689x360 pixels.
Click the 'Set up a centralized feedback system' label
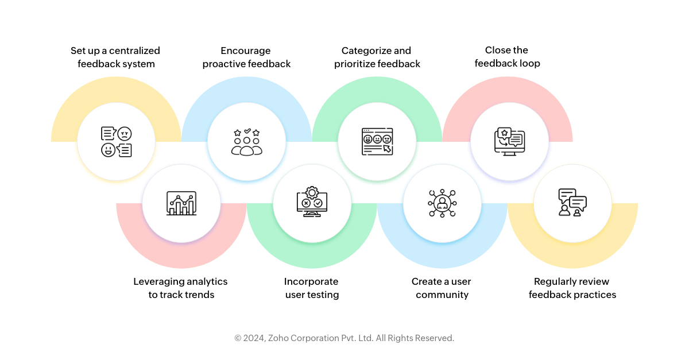click(x=115, y=57)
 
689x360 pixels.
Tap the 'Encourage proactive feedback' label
click(x=246, y=57)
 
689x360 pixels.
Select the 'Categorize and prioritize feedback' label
click(x=377, y=57)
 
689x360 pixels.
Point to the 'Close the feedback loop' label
click(x=507, y=57)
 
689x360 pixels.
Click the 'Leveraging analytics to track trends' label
click(x=180, y=288)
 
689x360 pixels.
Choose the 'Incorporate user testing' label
click(x=312, y=288)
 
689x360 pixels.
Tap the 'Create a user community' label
click(x=442, y=288)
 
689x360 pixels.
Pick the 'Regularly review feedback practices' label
click(x=572, y=288)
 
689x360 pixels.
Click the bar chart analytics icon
click(x=181, y=203)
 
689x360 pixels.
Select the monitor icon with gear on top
click(x=312, y=202)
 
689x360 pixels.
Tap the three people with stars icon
click(x=247, y=142)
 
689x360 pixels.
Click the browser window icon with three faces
click(x=377, y=142)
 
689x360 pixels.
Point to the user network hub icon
click(x=442, y=203)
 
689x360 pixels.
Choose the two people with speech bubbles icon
click(x=572, y=203)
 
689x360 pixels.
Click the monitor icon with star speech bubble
click(x=509, y=142)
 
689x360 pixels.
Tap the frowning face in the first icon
click(x=125, y=134)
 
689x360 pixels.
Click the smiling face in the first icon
click(x=109, y=150)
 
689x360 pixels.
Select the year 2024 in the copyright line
click(x=254, y=338)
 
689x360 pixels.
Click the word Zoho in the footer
click(x=278, y=338)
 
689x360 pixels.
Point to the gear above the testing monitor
click(x=312, y=193)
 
